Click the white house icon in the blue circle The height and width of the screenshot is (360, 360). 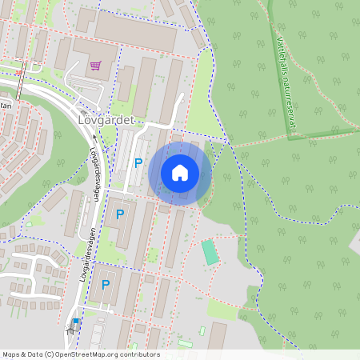(x=179, y=173)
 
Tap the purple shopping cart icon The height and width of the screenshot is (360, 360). (x=96, y=66)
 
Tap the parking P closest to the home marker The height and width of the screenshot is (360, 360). (x=138, y=163)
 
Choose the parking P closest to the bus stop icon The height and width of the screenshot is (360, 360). (x=105, y=284)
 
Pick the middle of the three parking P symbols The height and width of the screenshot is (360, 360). (x=120, y=214)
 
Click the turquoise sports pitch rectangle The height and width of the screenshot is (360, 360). (x=210, y=252)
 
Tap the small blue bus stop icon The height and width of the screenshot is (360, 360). (x=76, y=322)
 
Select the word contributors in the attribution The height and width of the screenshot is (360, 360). (x=142, y=354)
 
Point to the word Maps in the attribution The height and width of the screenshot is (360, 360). (x=11, y=354)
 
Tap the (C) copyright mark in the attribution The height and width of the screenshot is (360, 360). (x=49, y=354)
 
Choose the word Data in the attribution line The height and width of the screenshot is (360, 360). (x=34, y=354)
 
